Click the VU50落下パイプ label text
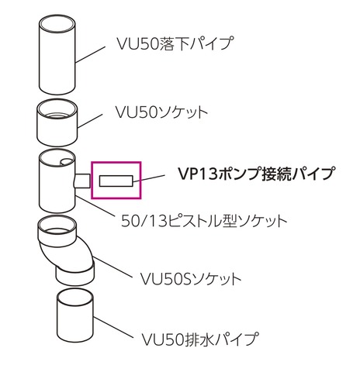(x=175, y=43)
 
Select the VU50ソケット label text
(x=161, y=112)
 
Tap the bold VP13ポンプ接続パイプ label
(x=255, y=174)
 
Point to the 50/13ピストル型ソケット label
(x=204, y=221)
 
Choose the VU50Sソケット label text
(x=191, y=278)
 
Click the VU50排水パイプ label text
(x=200, y=339)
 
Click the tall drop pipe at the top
(x=57, y=55)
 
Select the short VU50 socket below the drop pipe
(x=57, y=122)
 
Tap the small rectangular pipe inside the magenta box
(x=116, y=181)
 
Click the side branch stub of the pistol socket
(x=82, y=181)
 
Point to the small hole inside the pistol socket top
(x=67, y=162)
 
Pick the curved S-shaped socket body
(x=66, y=250)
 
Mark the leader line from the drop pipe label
(x=90, y=54)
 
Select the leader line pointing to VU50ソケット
(x=90, y=120)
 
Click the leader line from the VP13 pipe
(x=149, y=178)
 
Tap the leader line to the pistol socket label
(x=95, y=205)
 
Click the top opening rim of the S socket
(x=57, y=225)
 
